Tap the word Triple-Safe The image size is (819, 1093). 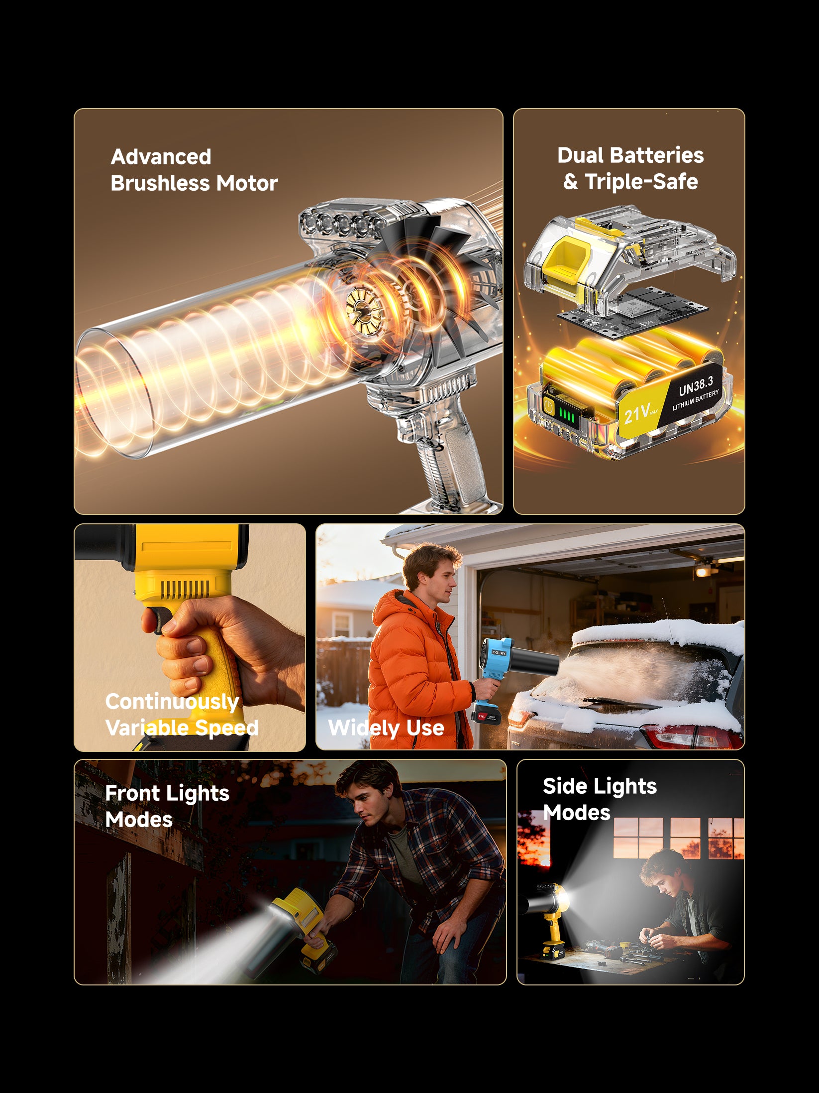tap(641, 182)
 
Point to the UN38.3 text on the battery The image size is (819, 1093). tap(696, 385)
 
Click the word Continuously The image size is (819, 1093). tap(172, 702)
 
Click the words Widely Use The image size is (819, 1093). tap(386, 728)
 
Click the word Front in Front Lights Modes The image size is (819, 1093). tap(132, 793)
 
